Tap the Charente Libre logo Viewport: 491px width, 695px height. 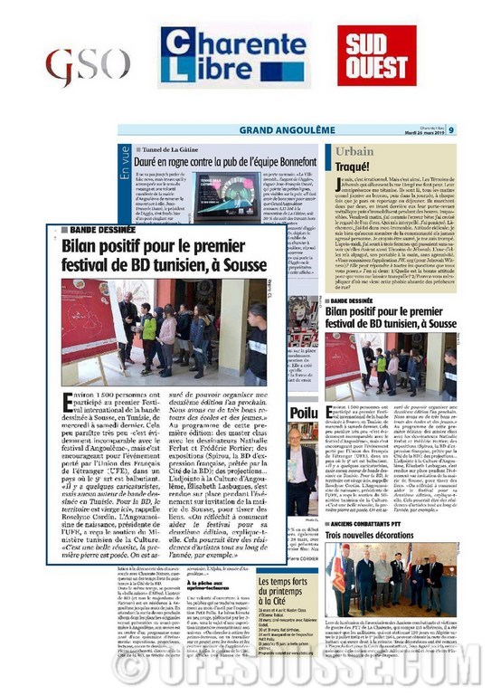232,57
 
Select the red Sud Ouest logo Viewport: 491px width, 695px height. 381,58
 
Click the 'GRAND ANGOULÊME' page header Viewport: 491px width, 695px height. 256,130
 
